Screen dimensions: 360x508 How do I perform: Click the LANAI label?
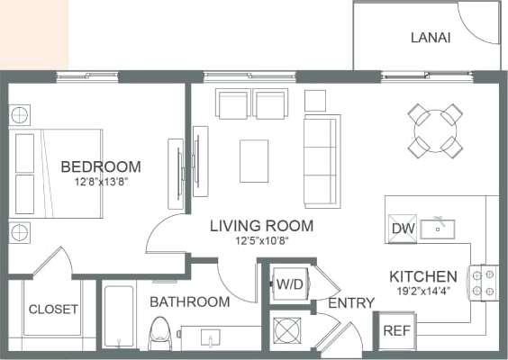(x=430, y=38)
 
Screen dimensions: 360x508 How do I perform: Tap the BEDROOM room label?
(x=101, y=166)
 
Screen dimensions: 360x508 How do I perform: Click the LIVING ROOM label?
(x=261, y=226)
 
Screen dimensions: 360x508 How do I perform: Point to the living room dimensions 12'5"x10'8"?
(x=261, y=241)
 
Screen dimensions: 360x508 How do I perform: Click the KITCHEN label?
(x=423, y=276)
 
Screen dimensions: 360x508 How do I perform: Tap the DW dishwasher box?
(x=402, y=229)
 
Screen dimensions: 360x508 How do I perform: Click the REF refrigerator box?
(x=396, y=330)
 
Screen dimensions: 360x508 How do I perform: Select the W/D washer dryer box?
(x=289, y=285)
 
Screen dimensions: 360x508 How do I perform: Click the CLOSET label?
(x=53, y=310)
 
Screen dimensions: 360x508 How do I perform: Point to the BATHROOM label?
(x=189, y=301)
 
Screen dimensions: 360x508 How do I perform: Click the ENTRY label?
(x=350, y=303)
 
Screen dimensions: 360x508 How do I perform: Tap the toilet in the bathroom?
(x=159, y=334)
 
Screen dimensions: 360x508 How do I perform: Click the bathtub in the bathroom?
(x=118, y=320)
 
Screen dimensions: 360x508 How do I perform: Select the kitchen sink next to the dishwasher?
(x=439, y=228)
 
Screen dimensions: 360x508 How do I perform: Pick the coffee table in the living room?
(x=253, y=161)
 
